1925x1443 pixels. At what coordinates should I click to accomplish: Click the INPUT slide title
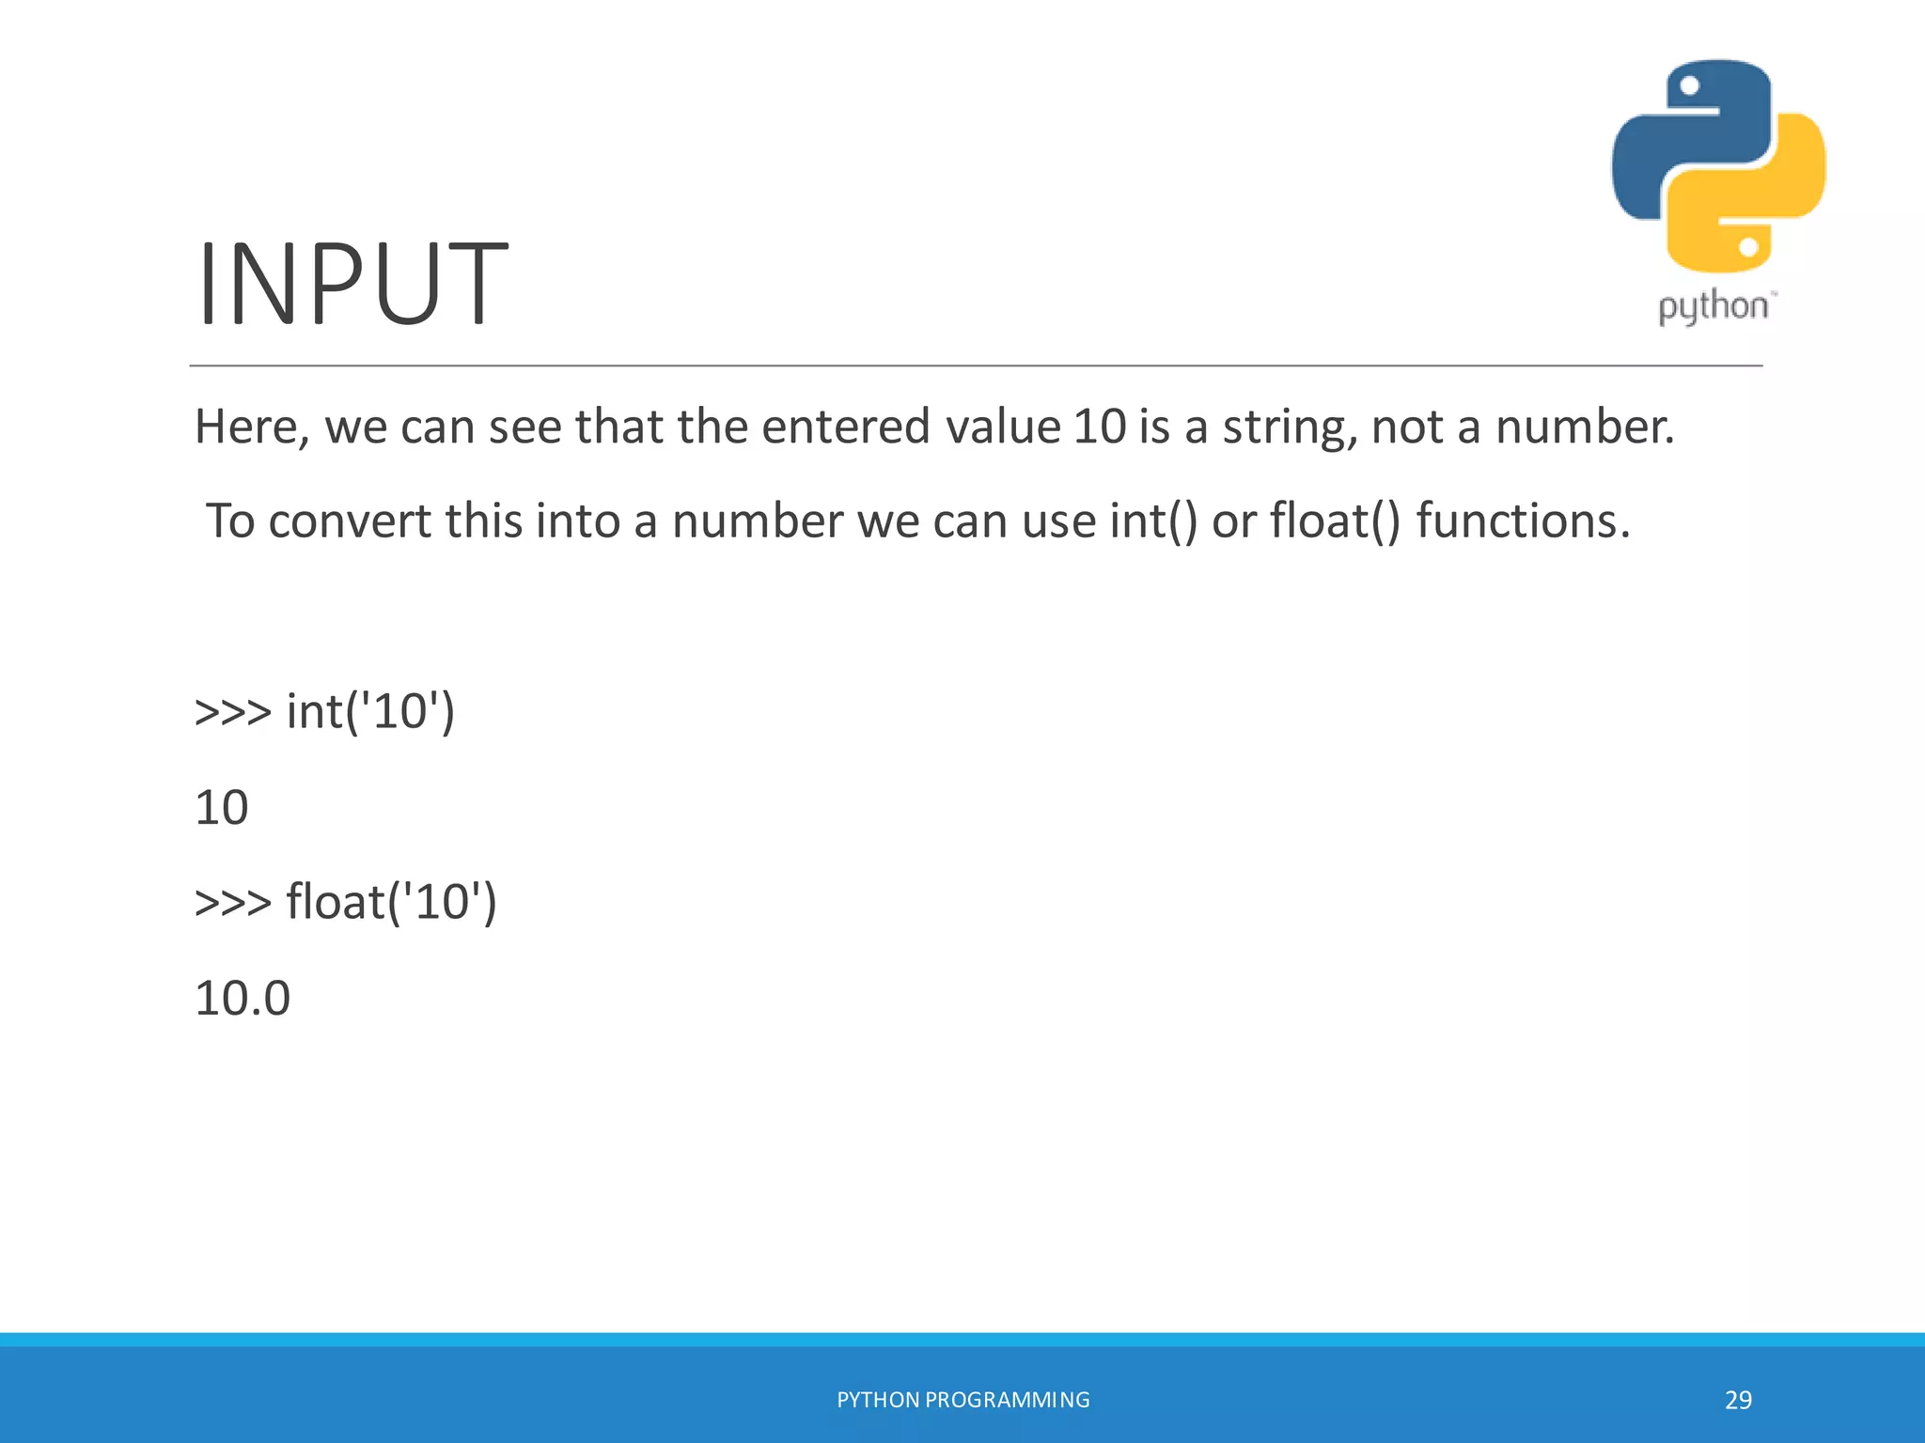352,285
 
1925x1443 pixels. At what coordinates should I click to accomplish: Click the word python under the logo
1714,307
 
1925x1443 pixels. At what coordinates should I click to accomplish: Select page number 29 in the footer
1738,1400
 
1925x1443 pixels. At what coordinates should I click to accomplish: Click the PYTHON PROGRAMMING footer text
962,1400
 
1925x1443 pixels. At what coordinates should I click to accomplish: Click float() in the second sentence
1335,521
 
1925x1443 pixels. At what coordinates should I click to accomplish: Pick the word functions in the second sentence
1523,521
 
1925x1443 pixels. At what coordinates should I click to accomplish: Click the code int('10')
370,711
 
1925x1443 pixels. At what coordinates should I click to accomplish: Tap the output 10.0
243,998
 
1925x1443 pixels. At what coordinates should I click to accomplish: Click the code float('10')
391,902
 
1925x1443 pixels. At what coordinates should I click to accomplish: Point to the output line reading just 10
222,808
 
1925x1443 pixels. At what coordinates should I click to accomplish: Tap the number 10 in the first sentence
1099,427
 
